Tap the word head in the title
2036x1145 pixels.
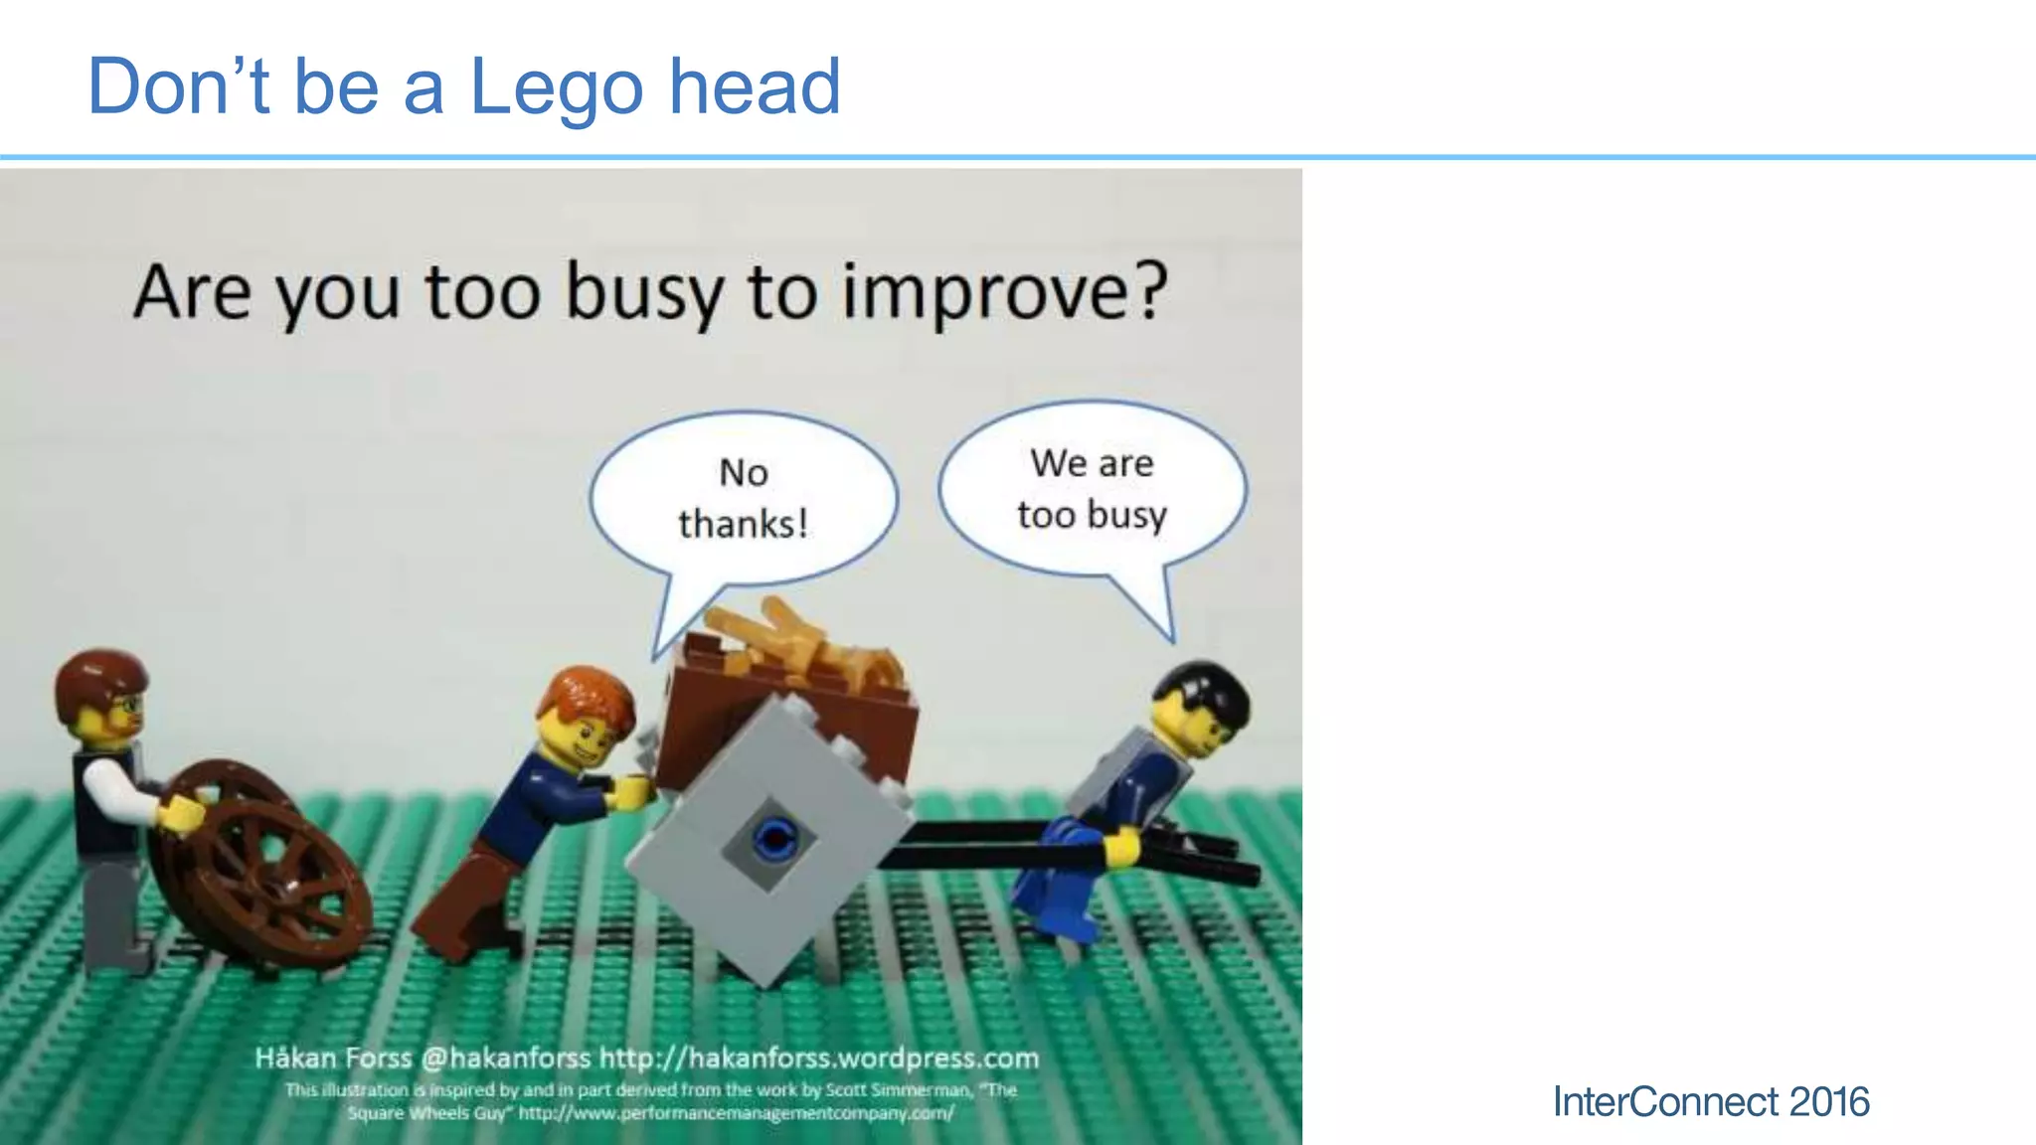click(x=755, y=87)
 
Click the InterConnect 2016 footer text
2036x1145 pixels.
click(x=1710, y=1101)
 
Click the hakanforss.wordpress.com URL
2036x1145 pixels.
click(x=819, y=1058)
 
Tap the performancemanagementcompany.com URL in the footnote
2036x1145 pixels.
click(x=736, y=1113)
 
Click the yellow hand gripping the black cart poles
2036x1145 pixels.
click(x=1120, y=847)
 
